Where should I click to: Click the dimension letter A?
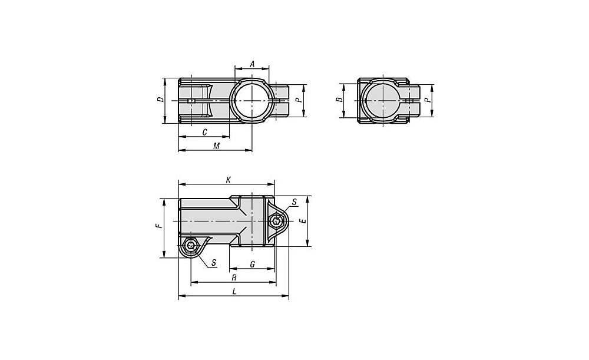click(253, 64)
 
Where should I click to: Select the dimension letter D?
click(160, 100)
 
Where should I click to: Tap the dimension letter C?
click(205, 133)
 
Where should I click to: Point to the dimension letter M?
click(216, 146)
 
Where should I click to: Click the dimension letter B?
click(339, 100)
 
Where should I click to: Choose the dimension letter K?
click(228, 180)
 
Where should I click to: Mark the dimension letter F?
click(159, 226)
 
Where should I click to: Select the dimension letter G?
click(253, 265)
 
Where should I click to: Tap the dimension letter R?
click(234, 278)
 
